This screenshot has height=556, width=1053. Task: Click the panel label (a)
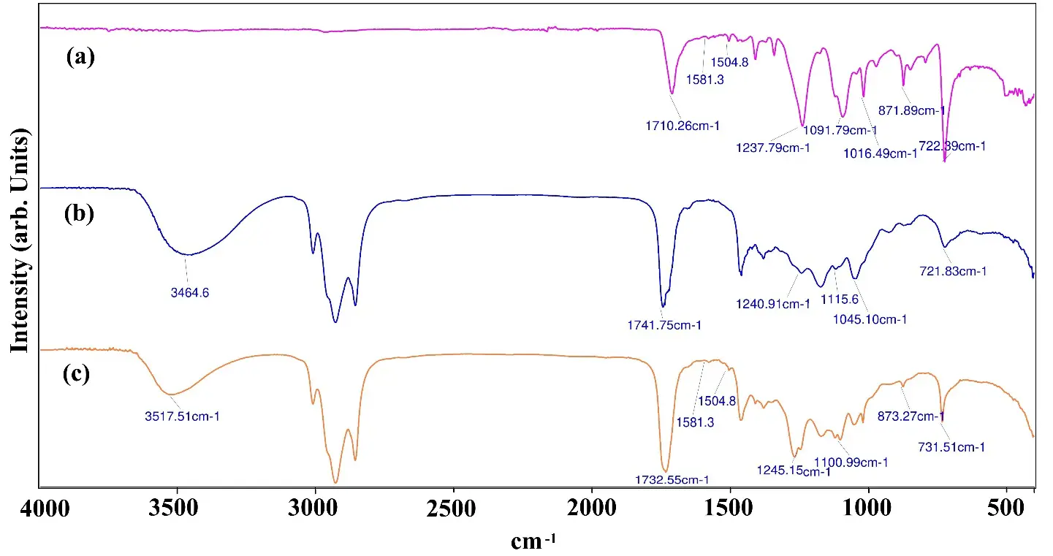pyautogui.click(x=80, y=58)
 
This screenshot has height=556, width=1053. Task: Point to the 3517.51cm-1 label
pyautogui.click(x=183, y=416)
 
